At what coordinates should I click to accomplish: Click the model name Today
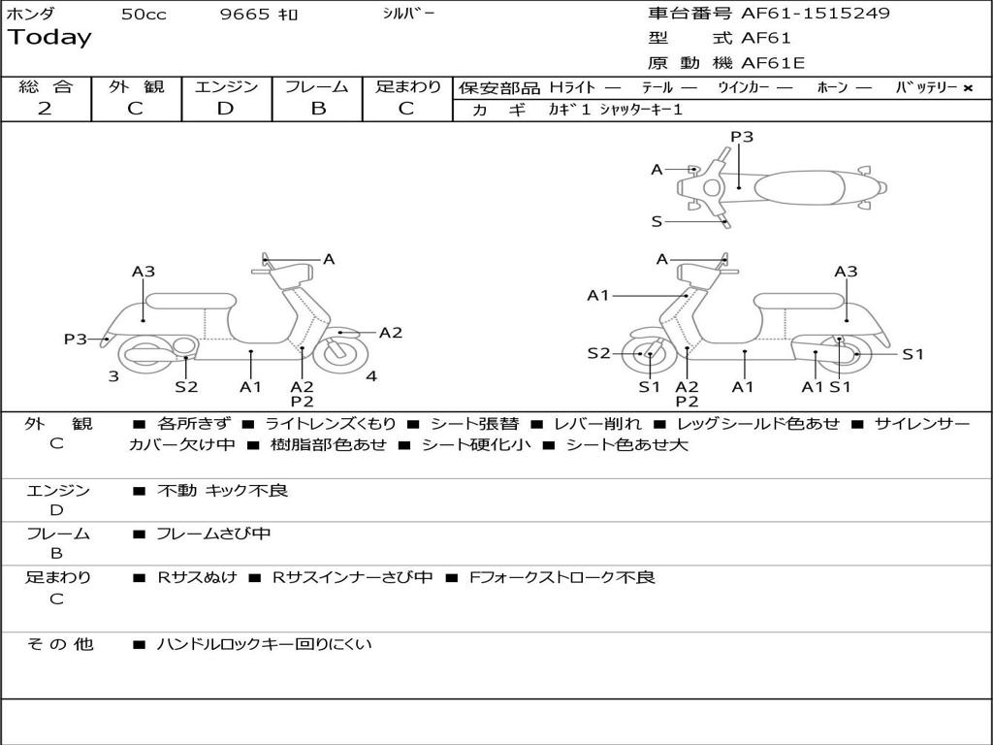(x=49, y=38)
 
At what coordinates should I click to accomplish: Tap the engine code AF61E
(x=773, y=63)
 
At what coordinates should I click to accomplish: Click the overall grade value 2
(x=45, y=108)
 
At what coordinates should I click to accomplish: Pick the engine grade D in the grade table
(x=225, y=108)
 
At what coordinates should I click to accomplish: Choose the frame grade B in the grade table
(x=317, y=108)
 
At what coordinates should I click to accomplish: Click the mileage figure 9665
(x=245, y=15)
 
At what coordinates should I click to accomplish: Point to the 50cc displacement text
(x=144, y=15)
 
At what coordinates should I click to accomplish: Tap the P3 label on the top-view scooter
(x=742, y=137)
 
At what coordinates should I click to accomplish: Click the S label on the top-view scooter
(x=657, y=221)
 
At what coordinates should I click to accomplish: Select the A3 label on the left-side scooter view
(x=144, y=272)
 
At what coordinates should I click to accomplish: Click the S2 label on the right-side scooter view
(x=598, y=353)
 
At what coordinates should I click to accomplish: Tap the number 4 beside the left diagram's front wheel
(x=371, y=376)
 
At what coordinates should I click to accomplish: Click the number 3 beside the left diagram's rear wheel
(x=113, y=376)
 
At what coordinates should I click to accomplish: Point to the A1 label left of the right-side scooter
(x=598, y=295)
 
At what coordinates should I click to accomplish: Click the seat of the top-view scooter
(x=794, y=186)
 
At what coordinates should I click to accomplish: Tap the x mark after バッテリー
(x=968, y=87)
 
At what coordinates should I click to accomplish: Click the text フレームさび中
(x=213, y=534)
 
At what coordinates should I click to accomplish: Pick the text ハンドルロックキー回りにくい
(x=264, y=644)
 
